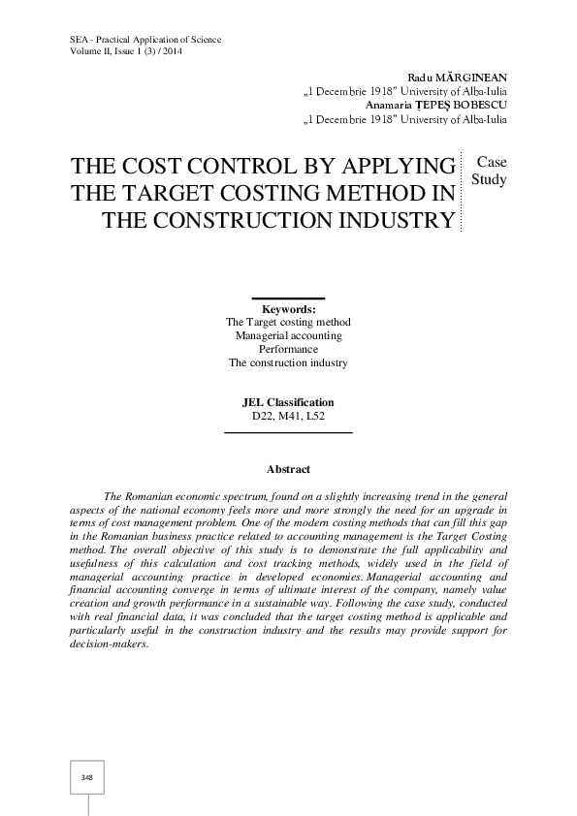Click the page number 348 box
coord(87,777)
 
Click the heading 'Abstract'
coord(288,470)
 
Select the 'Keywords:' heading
coord(288,309)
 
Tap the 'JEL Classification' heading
coord(288,402)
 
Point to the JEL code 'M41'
coord(289,415)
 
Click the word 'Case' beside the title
coord(490,162)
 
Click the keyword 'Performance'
coord(288,349)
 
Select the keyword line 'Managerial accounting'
coord(288,335)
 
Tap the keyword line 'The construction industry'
coord(288,362)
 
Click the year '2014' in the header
coord(171,51)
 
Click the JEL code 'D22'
coord(263,415)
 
